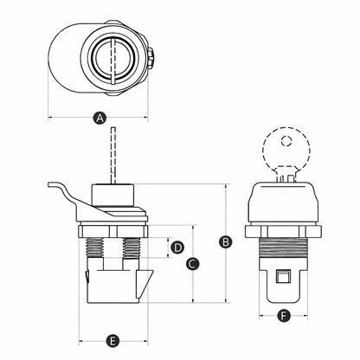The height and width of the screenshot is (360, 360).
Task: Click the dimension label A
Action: tap(100, 118)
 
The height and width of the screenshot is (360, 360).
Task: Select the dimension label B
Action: tap(226, 241)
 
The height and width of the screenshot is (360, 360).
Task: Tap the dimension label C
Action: tap(192, 264)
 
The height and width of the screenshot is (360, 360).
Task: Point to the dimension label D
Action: tap(177, 247)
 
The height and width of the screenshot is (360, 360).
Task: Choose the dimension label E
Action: tap(112, 341)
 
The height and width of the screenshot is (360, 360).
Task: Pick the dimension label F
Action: tap(284, 316)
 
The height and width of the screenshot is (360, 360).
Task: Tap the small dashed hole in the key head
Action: tap(286, 141)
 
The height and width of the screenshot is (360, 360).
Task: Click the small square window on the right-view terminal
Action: tap(283, 276)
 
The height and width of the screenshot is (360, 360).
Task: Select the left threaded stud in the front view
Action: tap(95, 247)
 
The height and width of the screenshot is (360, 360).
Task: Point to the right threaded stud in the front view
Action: tap(132, 248)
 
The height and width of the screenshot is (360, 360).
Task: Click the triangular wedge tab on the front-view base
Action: tap(145, 284)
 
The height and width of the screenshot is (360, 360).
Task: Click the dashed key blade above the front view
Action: tap(113, 155)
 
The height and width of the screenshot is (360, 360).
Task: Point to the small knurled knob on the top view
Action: tap(151, 58)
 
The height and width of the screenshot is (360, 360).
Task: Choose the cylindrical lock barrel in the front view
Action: tap(113, 195)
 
